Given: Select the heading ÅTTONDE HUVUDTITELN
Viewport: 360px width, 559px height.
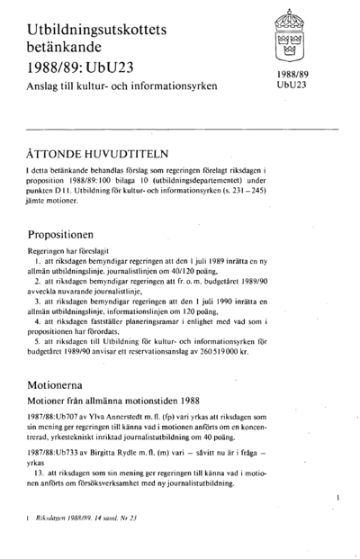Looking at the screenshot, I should pyautogui.click(x=96, y=153).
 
